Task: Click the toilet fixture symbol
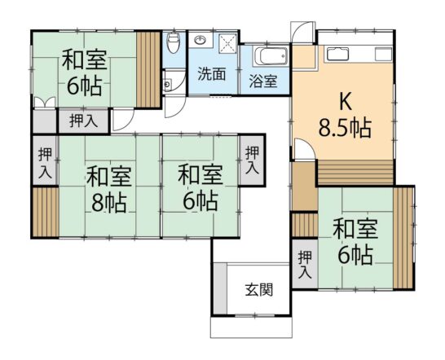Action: point(173,43)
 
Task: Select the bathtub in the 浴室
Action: point(271,56)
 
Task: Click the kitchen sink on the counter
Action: point(337,54)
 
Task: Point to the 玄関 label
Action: point(259,290)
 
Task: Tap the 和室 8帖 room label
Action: point(109,189)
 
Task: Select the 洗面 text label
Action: point(212,74)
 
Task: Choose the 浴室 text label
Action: point(263,81)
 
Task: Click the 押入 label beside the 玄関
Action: point(305,265)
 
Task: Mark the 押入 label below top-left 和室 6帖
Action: point(84,121)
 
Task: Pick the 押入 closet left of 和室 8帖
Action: point(45,160)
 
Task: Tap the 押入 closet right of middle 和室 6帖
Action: point(253,160)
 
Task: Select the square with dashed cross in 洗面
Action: point(227,43)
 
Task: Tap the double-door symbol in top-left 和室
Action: point(44,102)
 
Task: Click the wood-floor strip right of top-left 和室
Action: point(148,69)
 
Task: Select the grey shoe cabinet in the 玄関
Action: point(220,289)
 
